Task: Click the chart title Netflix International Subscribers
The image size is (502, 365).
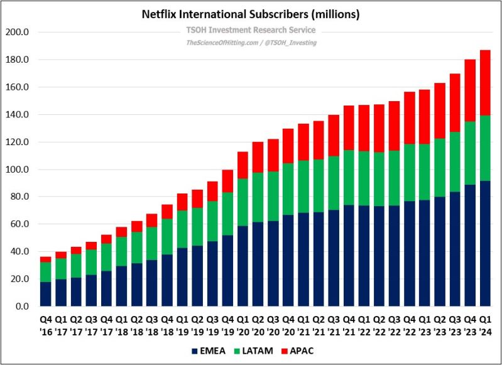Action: click(251, 13)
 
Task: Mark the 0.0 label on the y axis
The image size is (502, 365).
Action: click(20, 307)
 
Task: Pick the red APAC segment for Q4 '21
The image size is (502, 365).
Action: click(349, 128)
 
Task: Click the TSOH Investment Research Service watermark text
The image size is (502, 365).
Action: click(251, 30)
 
